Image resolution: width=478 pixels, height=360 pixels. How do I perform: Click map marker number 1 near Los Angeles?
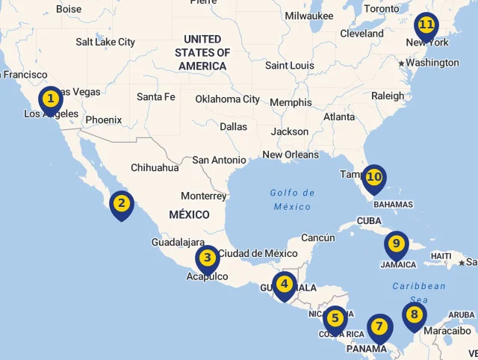[x=51, y=99]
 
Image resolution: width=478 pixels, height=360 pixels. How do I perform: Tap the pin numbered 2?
[x=121, y=204]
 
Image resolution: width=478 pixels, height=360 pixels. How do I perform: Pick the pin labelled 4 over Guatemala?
[x=284, y=285]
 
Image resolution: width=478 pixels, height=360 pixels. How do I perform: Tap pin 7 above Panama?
[x=379, y=327]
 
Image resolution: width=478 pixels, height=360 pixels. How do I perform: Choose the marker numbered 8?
[x=414, y=315]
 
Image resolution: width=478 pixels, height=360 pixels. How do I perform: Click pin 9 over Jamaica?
[x=396, y=244]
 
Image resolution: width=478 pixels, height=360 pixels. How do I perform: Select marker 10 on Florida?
[x=373, y=178]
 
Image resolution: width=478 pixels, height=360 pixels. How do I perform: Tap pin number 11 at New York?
[x=426, y=25]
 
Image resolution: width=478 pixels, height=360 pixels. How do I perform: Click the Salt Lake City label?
[x=105, y=42]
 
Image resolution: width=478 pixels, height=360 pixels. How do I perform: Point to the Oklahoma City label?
[x=227, y=99]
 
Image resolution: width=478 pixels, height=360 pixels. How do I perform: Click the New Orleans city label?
[x=290, y=155]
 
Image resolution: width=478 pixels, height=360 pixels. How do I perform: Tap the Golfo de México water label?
[x=292, y=199]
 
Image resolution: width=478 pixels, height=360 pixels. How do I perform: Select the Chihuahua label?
[x=155, y=167]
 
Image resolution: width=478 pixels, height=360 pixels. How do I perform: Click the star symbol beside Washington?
[x=401, y=63]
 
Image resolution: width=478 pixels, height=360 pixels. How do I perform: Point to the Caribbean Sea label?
[x=419, y=292]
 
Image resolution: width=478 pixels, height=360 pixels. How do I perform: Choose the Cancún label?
[x=318, y=238]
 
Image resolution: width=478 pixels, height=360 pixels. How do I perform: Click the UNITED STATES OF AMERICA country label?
[x=202, y=52]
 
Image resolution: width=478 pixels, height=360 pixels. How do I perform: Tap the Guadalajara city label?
[x=178, y=242]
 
